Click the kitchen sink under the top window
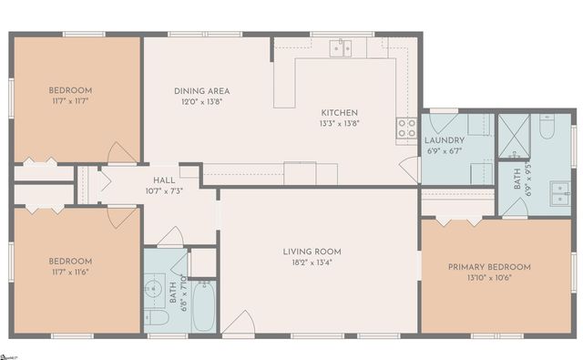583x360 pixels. pyautogui.click(x=341, y=48)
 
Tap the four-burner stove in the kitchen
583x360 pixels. pyautogui.click(x=405, y=129)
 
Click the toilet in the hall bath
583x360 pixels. pyautogui.click(x=155, y=318)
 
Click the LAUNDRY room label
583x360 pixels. pyautogui.click(x=445, y=140)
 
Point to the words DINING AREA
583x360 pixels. pyautogui.click(x=201, y=91)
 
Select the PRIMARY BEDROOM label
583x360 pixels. pyautogui.click(x=489, y=267)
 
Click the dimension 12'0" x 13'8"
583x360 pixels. pyautogui.click(x=201, y=102)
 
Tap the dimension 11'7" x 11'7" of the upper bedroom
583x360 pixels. pyautogui.click(x=70, y=102)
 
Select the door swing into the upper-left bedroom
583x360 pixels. pyautogui.click(x=121, y=154)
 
